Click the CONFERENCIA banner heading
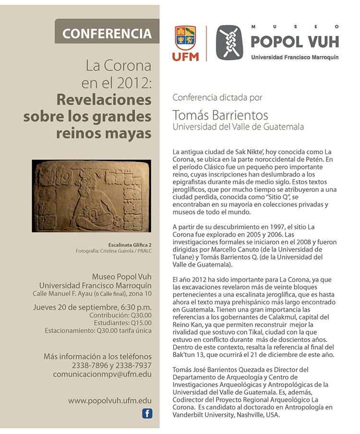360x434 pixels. tap(107, 34)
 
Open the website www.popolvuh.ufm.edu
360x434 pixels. tap(110, 400)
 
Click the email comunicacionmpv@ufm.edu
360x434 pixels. tap(109, 374)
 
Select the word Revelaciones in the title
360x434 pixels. tap(104, 99)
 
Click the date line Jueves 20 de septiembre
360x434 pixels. tap(92, 307)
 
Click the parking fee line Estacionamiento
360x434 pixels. tap(98, 330)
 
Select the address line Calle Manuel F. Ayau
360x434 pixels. tap(92, 293)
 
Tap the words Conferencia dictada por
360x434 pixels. tap(217, 97)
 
